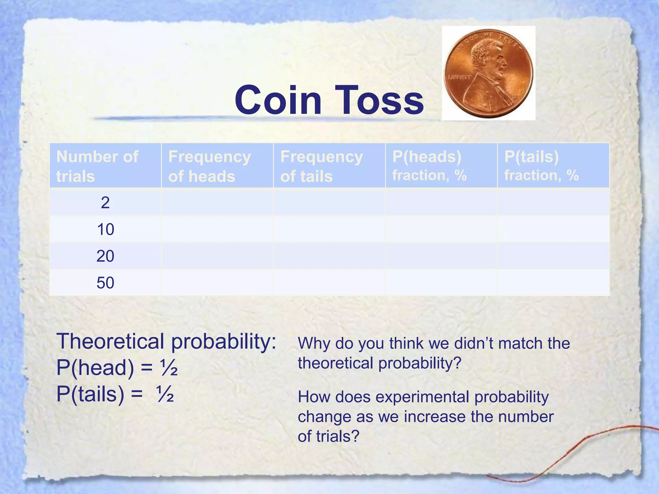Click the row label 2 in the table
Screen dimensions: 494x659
point(105,203)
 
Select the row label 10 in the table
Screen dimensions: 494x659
point(105,229)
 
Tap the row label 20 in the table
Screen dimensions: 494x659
point(105,256)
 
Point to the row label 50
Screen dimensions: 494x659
point(105,283)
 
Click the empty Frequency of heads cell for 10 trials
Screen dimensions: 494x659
point(217,229)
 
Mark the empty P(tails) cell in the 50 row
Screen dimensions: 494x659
point(553,283)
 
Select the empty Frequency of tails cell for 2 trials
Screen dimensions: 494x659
point(329,203)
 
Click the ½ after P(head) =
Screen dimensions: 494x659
point(169,368)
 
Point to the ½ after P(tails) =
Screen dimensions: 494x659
point(165,395)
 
